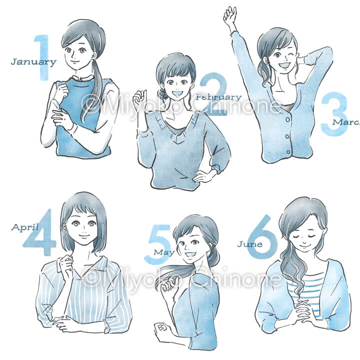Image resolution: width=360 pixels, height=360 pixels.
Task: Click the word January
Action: click(33, 62)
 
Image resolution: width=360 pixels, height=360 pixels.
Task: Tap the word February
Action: click(218, 97)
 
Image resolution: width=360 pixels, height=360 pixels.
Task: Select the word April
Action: click(25, 227)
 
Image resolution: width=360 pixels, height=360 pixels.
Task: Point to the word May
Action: click(164, 252)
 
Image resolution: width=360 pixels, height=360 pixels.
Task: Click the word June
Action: click(250, 244)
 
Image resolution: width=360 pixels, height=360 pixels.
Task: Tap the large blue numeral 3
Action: click(334, 114)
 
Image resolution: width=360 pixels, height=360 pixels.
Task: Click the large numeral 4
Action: click(39, 232)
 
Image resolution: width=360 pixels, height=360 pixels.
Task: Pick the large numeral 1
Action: click(42, 57)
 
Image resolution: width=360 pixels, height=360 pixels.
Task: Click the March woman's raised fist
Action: click(230, 14)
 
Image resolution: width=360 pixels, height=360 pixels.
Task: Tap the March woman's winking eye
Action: click(291, 55)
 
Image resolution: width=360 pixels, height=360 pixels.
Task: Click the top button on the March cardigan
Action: click(287, 119)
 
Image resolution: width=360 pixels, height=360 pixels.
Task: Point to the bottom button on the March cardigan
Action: click(288, 152)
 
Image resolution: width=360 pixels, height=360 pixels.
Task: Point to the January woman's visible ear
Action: click(94, 55)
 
